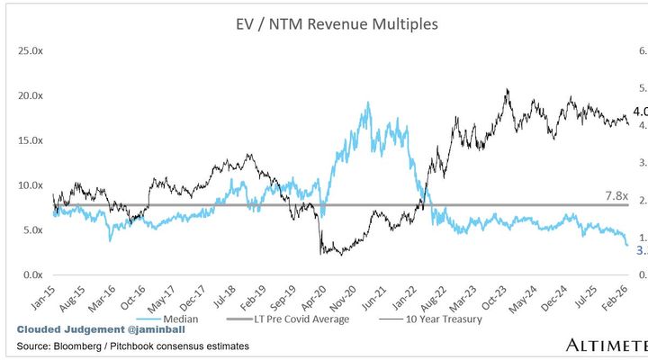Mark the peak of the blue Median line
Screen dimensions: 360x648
coord(368,103)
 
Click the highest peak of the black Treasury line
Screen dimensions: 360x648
coord(508,89)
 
